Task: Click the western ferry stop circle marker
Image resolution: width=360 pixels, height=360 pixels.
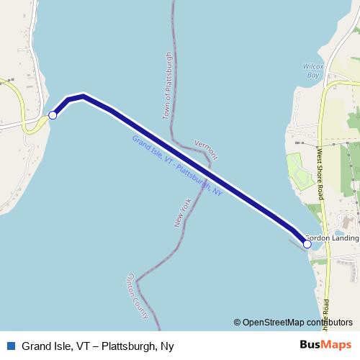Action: coord(53,114)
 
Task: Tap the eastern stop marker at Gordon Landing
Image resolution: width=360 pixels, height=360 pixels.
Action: coord(307,244)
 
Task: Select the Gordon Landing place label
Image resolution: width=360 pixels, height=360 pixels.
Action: coord(332,237)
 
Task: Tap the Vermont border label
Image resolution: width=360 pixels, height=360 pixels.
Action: coord(206,150)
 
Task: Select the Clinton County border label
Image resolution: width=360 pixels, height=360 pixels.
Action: coord(138,295)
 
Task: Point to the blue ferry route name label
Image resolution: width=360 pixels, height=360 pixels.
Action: coord(176,166)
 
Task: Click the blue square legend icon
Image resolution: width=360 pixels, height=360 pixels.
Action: coord(11,346)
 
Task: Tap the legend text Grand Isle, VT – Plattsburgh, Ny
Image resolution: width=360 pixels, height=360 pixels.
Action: coord(97,346)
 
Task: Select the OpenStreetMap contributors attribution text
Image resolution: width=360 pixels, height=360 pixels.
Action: coord(297,322)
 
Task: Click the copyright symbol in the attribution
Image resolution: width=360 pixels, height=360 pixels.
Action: coord(237,322)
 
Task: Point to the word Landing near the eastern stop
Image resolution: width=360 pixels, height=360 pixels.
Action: coord(343,237)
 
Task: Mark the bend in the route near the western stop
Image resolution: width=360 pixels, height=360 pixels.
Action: coord(84,96)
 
